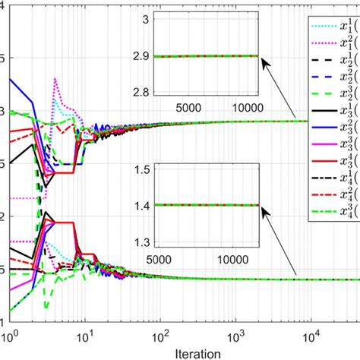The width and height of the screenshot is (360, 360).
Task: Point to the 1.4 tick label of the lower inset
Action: click(141, 205)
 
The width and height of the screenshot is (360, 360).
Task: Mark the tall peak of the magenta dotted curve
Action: click(54, 79)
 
